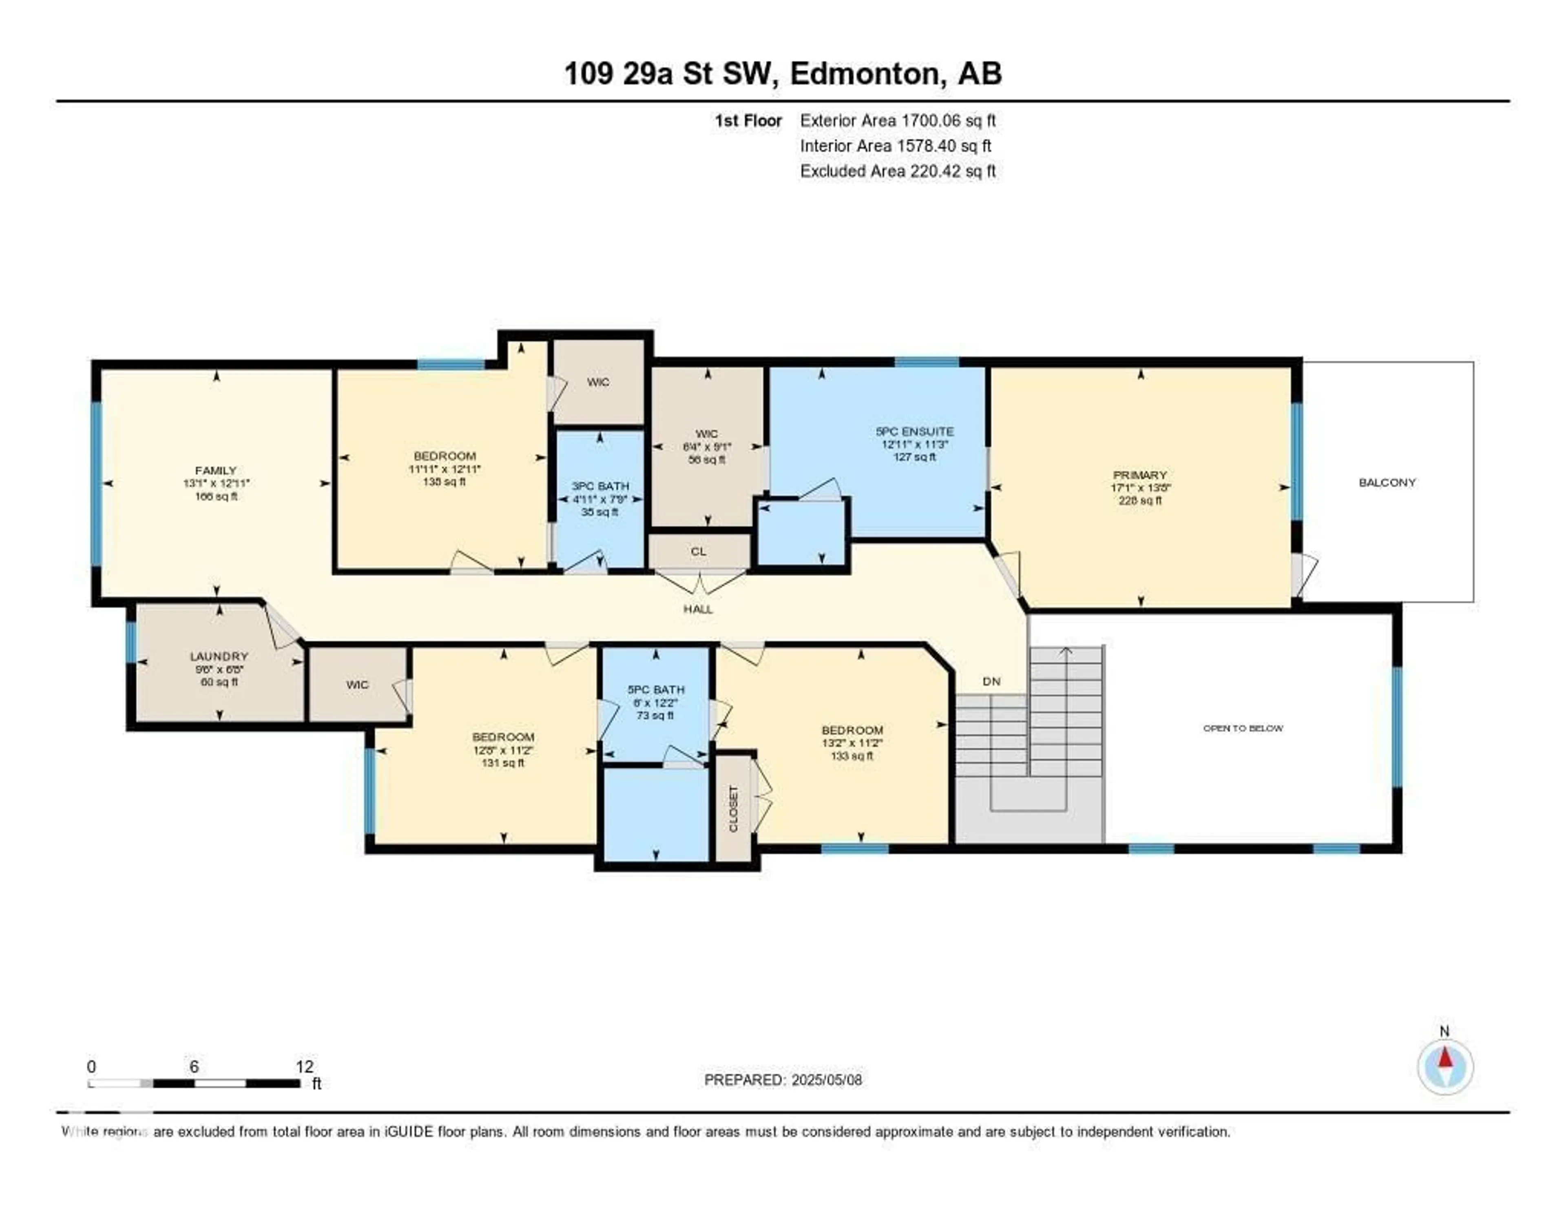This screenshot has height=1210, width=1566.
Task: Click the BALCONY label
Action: (x=1387, y=483)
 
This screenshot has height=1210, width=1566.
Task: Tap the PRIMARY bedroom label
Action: (x=1139, y=475)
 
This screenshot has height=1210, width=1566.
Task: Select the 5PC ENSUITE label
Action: (x=914, y=432)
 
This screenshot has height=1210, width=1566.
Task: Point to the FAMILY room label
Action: (x=216, y=470)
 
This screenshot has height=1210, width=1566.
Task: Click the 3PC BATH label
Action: (x=600, y=486)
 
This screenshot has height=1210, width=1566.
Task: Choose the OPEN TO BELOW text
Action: (x=1243, y=728)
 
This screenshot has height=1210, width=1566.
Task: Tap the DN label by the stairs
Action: (x=991, y=681)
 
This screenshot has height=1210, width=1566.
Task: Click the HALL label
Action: (x=698, y=609)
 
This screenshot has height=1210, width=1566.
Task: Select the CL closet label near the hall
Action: (x=699, y=552)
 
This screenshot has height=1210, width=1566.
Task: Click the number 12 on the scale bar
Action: (x=304, y=1066)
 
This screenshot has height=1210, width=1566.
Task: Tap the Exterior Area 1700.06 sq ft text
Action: (x=898, y=120)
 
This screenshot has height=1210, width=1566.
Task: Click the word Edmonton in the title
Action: (x=864, y=74)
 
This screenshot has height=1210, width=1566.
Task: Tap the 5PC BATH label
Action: (x=655, y=690)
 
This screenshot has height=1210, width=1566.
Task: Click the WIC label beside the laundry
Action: (x=357, y=685)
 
